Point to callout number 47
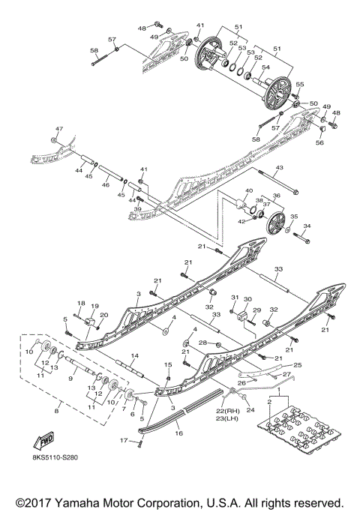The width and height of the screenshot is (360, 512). pos(59,130)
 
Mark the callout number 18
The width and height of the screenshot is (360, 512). pos(79,303)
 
